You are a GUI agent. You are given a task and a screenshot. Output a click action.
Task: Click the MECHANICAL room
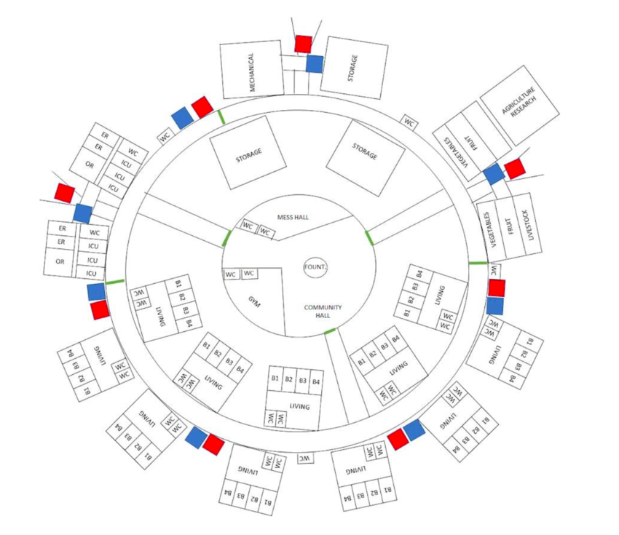tap(252, 69)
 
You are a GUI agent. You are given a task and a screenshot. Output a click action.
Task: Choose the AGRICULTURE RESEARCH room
tap(519, 105)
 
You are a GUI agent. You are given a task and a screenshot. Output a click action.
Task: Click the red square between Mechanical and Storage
tap(303, 44)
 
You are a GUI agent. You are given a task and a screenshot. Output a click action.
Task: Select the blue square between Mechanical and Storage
tap(315, 64)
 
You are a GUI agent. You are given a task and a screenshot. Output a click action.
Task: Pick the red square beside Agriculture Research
tap(514, 169)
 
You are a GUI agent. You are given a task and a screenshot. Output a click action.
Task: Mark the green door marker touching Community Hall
tap(330, 331)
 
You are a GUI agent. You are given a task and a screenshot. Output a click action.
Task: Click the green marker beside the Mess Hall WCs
tap(227, 238)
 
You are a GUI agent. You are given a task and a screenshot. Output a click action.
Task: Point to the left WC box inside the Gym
tap(232, 274)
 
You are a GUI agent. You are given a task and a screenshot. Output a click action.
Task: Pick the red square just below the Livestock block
tap(496, 288)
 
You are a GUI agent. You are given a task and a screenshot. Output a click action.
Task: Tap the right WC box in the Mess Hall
tap(266, 232)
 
